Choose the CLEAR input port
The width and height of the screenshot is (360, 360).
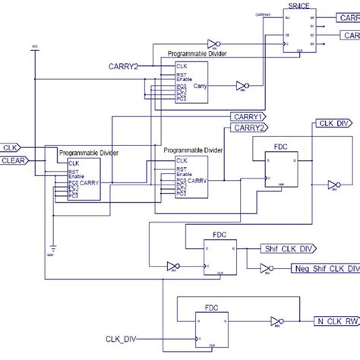14,160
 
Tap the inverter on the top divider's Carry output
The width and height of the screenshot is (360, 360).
242,85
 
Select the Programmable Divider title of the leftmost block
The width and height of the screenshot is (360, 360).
89,153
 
